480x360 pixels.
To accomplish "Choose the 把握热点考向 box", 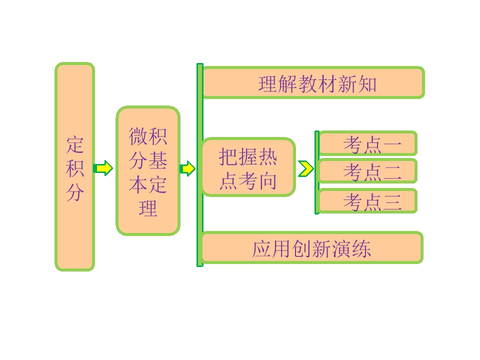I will [248, 167].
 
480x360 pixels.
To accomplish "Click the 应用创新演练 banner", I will [312, 248].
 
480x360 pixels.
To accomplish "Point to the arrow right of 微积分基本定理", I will [187, 168].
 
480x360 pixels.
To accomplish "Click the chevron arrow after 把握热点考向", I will [305, 169].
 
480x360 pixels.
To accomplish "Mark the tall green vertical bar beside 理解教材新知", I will [200, 165].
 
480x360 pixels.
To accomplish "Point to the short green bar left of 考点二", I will [316, 172].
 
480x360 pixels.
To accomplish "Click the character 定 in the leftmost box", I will [75, 144].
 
